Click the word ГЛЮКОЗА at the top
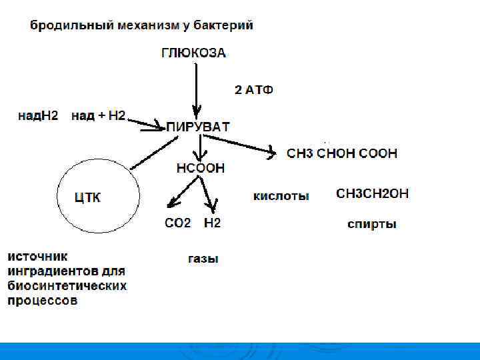(x=193, y=53)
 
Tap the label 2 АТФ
(x=254, y=90)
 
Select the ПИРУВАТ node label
(x=198, y=127)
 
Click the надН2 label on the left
(x=38, y=115)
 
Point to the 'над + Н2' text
(x=98, y=115)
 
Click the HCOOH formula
(x=201, y=168)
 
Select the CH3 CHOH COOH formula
(x=342, y=153)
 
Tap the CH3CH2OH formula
(x=372, y=194)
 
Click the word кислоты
(x=281, y=196)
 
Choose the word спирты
(x=372, y=224)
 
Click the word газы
(x=203, y=259)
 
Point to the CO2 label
(x=177, y=223)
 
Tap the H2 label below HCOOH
(x=212, y=223)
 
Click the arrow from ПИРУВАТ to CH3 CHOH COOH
(x=240, y=145)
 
